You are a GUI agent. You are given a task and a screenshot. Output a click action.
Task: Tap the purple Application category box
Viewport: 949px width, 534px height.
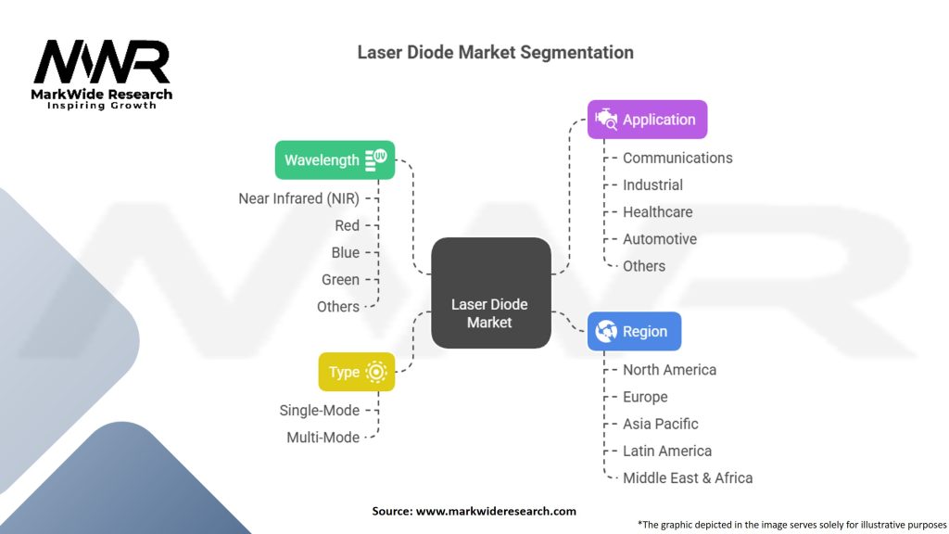pos(647,120)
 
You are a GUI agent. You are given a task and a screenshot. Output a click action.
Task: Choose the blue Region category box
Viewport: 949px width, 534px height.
pos(634,331)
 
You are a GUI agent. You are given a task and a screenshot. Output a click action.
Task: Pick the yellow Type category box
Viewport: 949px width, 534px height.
pos(356,372)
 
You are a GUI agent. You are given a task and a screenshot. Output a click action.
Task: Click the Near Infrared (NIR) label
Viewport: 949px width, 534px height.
pos(298,198)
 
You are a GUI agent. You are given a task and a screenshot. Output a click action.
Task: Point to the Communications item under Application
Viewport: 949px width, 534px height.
pos(677,159)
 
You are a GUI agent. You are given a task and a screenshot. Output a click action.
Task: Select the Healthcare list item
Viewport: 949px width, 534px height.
pos(657,212)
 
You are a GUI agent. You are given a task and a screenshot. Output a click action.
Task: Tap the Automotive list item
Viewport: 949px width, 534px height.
pos(659,239)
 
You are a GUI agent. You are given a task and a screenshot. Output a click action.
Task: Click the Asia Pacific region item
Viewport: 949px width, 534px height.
pos(660,424)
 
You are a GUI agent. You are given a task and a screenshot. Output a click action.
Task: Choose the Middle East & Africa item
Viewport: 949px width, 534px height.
pos(688,478)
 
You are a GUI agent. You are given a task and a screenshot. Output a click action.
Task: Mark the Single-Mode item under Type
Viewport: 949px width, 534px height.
pos(319,410)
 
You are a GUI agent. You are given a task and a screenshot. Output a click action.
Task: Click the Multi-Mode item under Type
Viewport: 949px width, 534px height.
pos(323,437)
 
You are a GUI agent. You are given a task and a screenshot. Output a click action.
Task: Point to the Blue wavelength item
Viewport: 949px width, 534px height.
pos(345,252)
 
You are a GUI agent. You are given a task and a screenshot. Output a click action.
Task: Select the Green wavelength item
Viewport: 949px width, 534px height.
pos(340,279)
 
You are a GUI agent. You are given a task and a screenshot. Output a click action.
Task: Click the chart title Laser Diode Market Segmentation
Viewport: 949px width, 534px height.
pos(496,53)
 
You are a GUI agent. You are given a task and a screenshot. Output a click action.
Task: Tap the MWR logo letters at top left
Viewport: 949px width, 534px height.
pos(102,63)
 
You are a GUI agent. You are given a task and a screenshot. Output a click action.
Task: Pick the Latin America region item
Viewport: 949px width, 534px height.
pos(667,451)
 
